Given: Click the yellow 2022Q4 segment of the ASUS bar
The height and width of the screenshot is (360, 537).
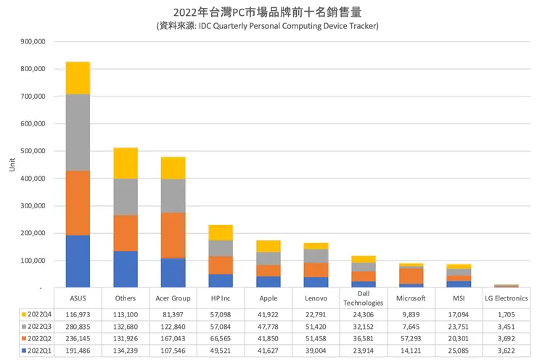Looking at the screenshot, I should tap(78, 78).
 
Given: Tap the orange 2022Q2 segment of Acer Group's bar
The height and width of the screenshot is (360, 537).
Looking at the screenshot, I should tap(173, 235).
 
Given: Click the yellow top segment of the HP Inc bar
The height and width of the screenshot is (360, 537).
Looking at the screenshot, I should tap(220, 232).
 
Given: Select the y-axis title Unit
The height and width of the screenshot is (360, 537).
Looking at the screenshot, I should tap(11, 165).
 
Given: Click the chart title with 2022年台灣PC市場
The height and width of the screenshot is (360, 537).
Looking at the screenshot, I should tap(268, 12).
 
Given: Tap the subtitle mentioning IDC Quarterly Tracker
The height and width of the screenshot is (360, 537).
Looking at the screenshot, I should tap(268, 25).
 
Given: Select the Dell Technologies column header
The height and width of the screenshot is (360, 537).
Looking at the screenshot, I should tap(362, 298).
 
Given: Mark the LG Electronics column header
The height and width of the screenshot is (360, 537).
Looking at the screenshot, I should tap(505, 298).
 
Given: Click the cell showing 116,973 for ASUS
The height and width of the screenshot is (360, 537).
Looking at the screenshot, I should tap(78, 314).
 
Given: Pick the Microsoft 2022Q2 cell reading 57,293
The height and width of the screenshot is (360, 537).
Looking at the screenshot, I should tap(410, 338).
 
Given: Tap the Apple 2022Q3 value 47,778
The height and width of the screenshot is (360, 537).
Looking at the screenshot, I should tap(268, 327).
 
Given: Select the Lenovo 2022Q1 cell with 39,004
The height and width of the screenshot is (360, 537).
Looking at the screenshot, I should tap(315, 351).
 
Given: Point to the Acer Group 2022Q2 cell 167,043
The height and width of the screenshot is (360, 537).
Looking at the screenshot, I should tap(173, 338).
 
